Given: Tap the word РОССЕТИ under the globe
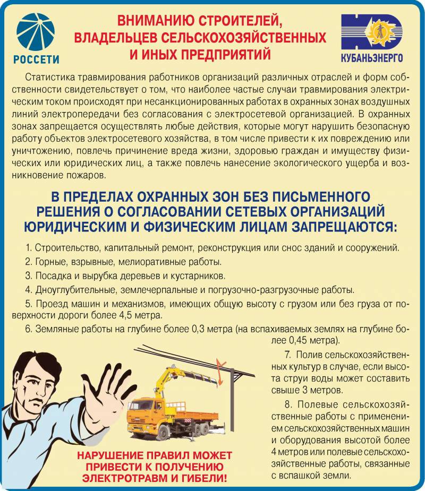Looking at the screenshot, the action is (36, 59).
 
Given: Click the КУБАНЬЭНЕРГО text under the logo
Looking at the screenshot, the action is (372, 58).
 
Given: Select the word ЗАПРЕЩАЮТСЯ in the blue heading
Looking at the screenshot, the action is (344, 227).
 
